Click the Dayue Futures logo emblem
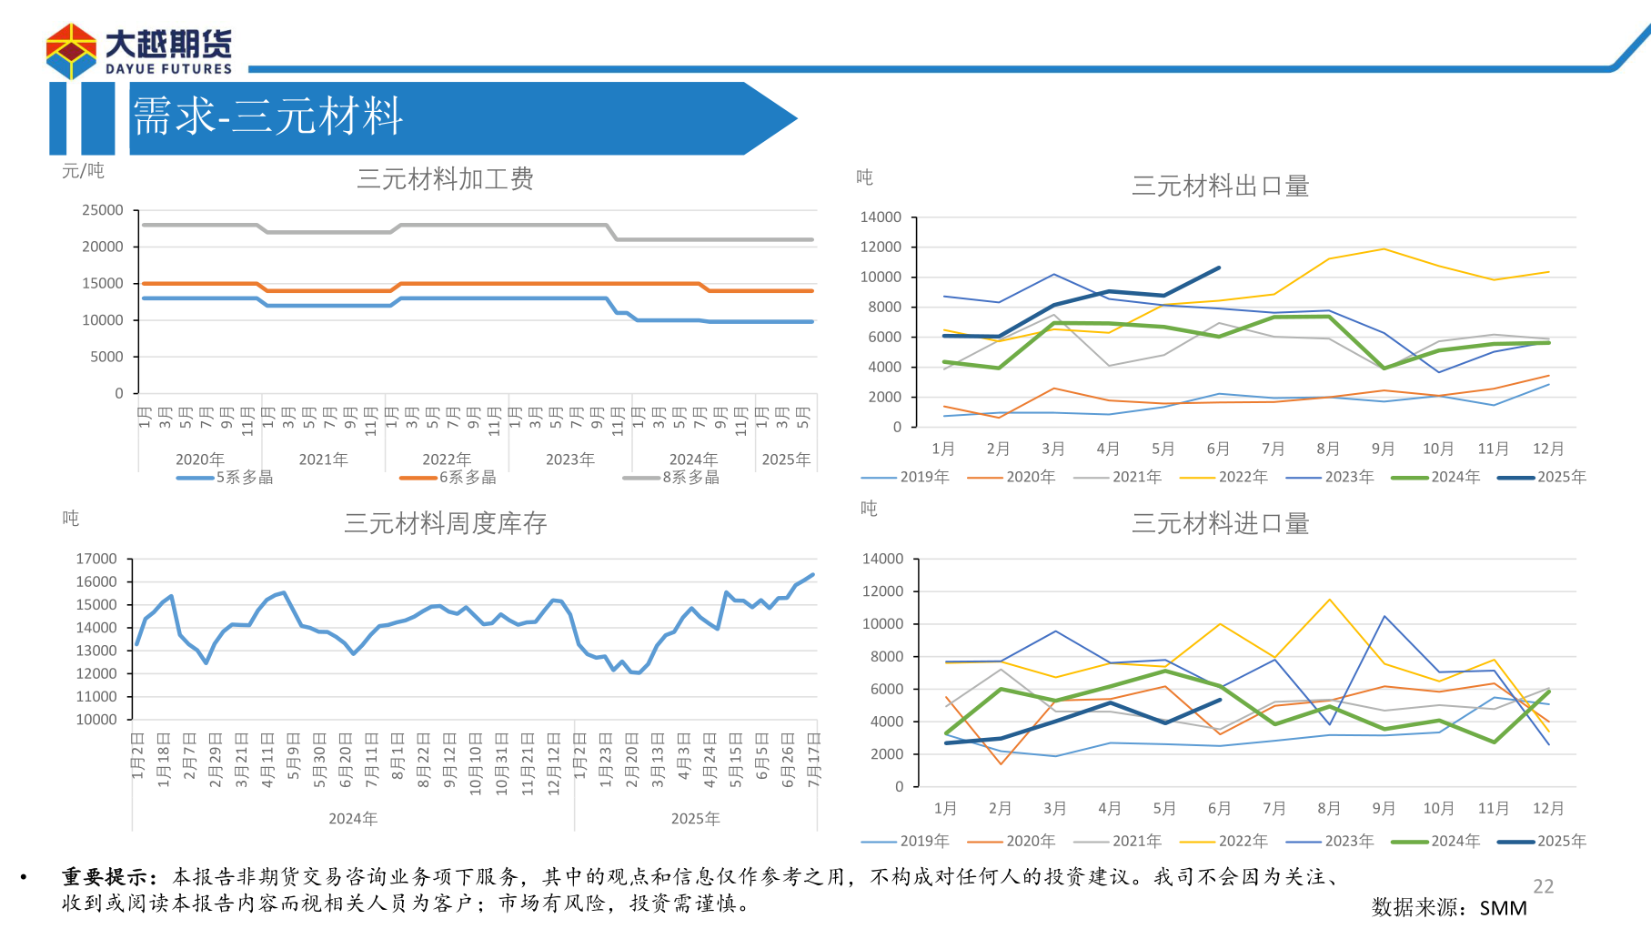[x=71, y=51]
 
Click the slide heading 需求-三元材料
[x=267, y=116]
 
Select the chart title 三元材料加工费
[x=445, y=179]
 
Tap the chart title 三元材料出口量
[x=1220, y=187]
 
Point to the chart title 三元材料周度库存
[x=445, y=523]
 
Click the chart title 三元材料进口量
[x=1220, y=523]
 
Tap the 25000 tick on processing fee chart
[x=103, y=210]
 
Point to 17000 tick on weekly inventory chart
[x=96, y=559]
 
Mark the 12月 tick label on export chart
[x=1547, y=449]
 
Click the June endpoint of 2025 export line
[x=1219, y=268]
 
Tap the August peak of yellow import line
[x=1329, y=600]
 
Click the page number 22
[x=1543, y=886]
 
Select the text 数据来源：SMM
[x=1449, y=907]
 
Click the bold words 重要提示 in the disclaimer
[x=106, y=876]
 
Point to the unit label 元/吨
[x=83, y=171]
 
